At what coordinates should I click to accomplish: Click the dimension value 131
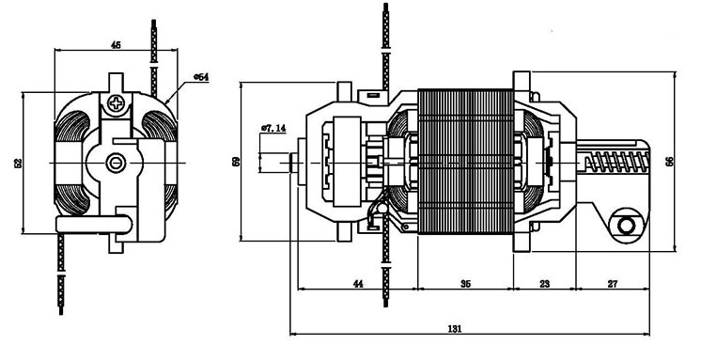tap(454, 328)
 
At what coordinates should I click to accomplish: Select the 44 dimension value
tap(358, 284)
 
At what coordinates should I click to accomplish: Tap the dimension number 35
tap(465, 284)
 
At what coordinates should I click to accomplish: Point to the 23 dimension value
tap(544, 284)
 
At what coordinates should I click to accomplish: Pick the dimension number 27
tap(613, 284)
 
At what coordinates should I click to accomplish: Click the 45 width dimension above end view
tap(116, 45)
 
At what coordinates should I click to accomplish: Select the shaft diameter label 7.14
tap(273, 129)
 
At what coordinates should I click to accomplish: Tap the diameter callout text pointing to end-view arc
tap(201, 77)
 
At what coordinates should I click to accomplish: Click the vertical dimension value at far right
tap(669, 162)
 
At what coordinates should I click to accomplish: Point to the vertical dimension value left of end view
tap(19, 163)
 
